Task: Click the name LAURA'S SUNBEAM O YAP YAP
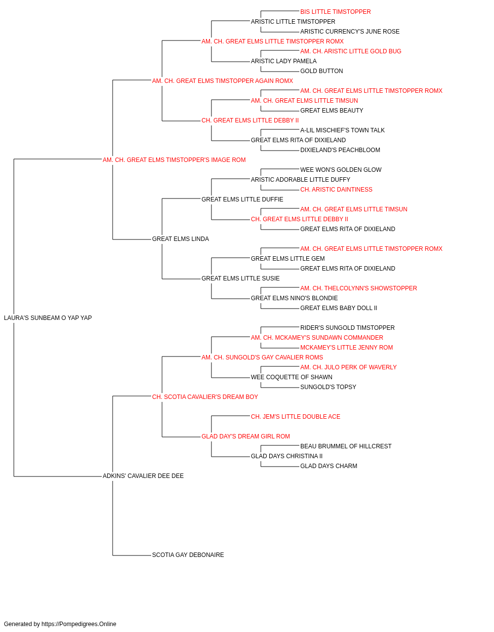point(48,318)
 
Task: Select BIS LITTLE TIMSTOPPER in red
point(335,12)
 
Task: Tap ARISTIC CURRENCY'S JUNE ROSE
point(350,32)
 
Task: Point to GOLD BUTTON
point(322,71)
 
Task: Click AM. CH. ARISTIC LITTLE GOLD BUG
point(351,51)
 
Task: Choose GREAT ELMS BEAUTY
point(331,111)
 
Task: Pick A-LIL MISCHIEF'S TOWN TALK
point(342,130)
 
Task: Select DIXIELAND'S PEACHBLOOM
point(340,150)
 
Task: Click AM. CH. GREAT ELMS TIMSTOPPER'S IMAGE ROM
point(174,160)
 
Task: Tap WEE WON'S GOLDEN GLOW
point(341,170)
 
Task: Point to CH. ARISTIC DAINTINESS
point(336,190)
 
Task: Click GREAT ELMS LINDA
point(180,239)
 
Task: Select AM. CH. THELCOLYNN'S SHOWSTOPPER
point(359,288)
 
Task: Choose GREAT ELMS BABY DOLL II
point(339,308)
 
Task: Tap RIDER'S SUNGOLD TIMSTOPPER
point(347,328)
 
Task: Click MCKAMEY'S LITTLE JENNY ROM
point(346,348)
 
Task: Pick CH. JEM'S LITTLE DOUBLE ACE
point(295,417)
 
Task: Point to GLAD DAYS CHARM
point(329,466)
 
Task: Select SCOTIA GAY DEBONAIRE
point(188,555)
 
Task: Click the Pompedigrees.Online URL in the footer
point(79,624)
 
